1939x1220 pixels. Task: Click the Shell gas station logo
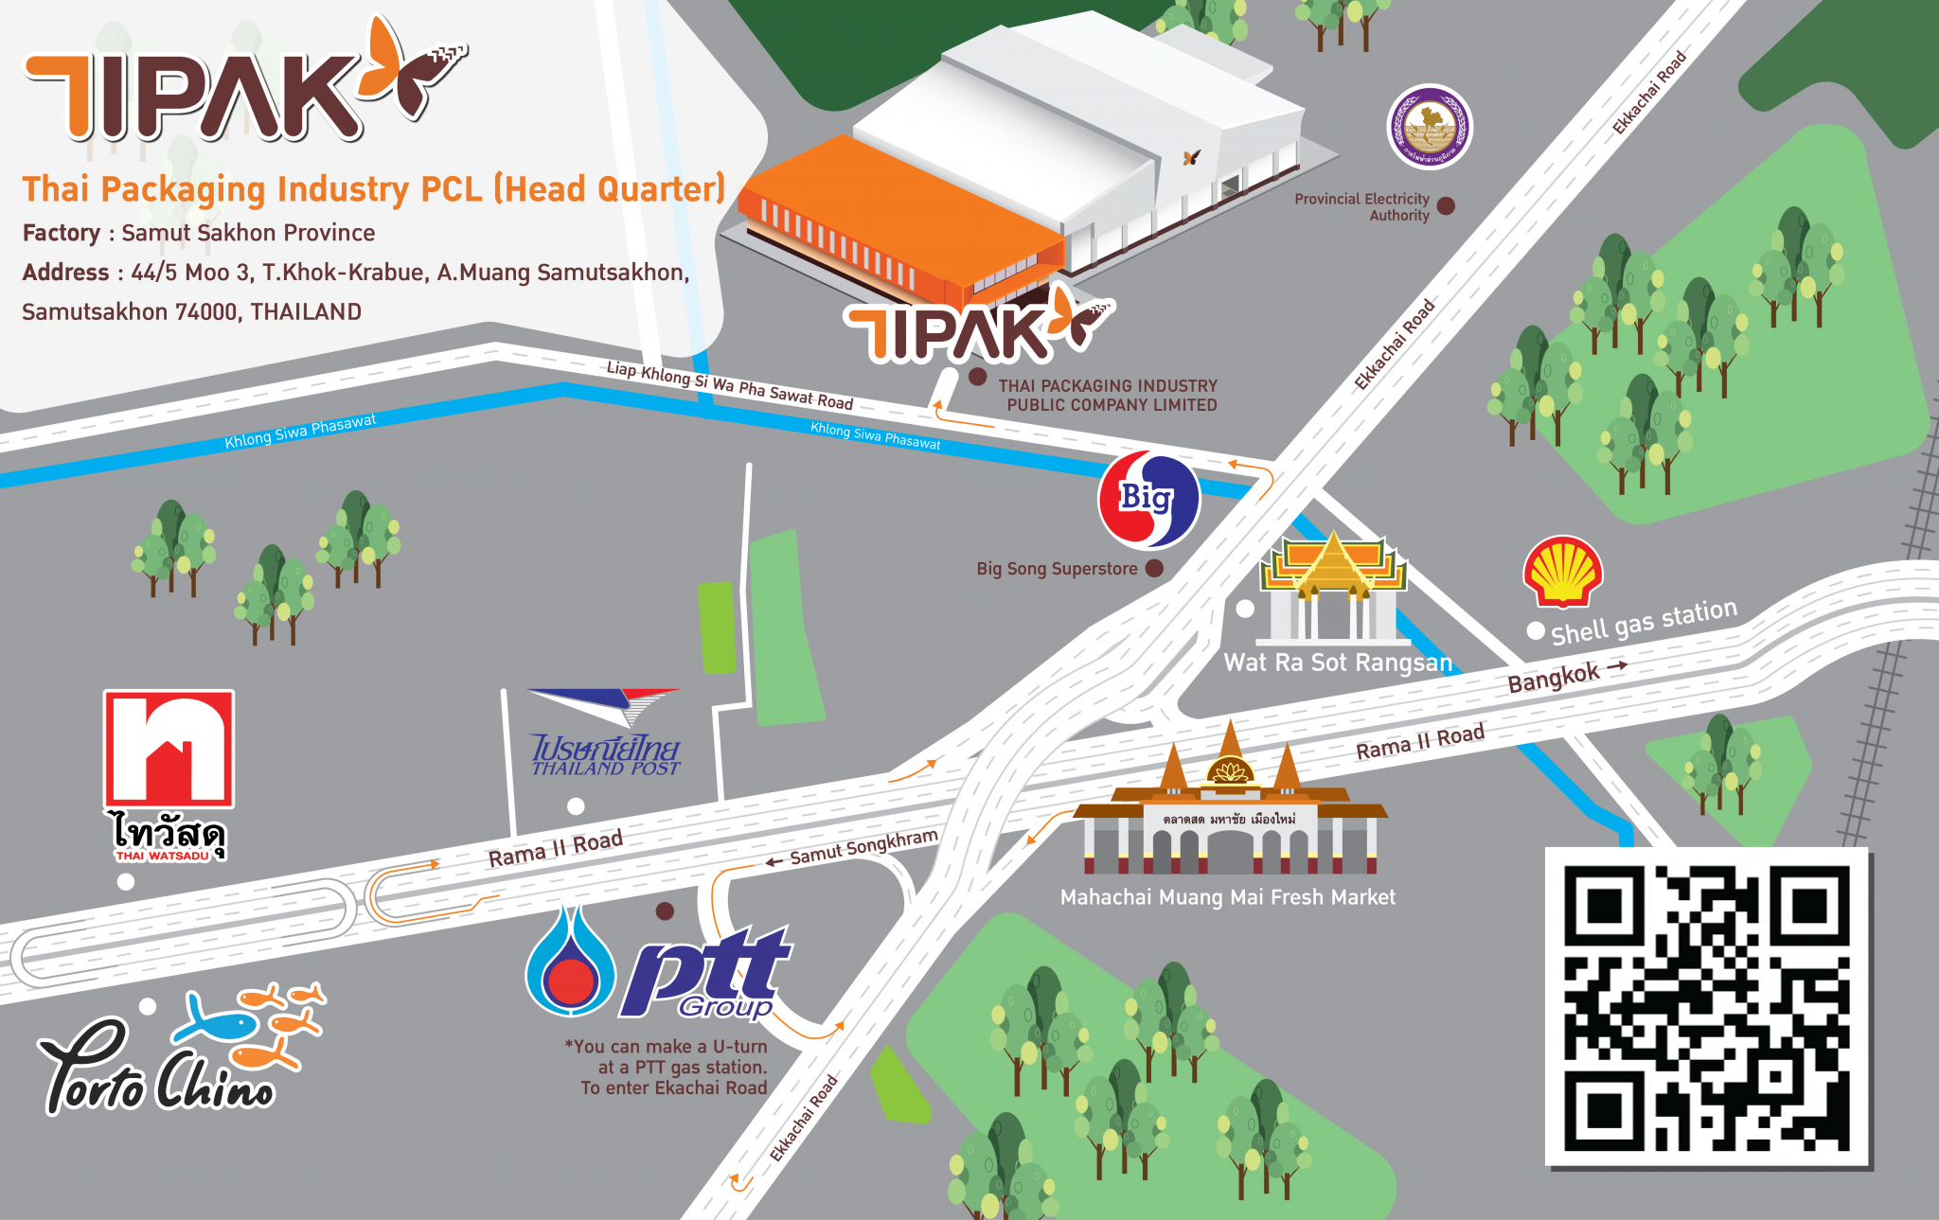[1562, 572]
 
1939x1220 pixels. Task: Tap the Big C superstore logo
[1148, 500]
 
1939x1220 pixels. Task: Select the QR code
[1706, 1006]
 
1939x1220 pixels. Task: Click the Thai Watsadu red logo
[169, 748]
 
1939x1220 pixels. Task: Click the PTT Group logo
[659, 966]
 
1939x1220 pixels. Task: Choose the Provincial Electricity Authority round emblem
[1430, 128]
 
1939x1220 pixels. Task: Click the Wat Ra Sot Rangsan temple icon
[1333, 587]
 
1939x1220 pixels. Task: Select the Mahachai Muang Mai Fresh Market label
[1227, 897]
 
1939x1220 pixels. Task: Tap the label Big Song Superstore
[1057, 569]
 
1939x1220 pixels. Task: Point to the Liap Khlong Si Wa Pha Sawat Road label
[729, 385]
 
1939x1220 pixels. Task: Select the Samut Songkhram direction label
[863, 847]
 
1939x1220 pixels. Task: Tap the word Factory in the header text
[62, 233]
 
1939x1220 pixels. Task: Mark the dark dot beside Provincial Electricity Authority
[1446, 205]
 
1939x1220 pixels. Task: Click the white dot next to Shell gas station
[1536, 630]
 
